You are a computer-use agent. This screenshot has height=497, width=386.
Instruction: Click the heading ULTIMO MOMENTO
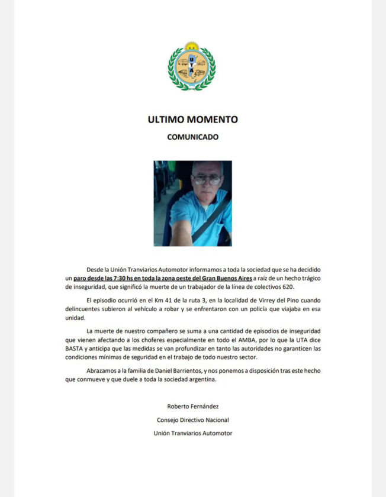point(192,120)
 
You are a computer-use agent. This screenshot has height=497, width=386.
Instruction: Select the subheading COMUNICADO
point(192,137)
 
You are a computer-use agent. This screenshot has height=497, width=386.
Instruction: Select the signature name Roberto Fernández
point(192,406)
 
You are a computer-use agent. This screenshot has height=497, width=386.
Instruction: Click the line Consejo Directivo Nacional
point(192,420)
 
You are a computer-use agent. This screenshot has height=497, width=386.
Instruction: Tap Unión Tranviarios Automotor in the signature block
point(192,433)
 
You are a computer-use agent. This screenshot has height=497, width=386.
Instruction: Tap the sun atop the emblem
point(191,46)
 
